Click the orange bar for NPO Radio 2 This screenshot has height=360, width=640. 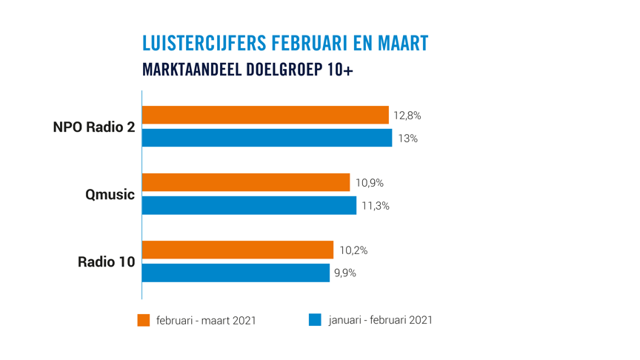(265, 115)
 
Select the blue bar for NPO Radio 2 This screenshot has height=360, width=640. (267, 138)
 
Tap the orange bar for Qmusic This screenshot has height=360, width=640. (245, 182)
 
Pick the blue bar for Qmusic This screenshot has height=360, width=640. (249, 205)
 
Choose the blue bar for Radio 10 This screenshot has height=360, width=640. (236, 273)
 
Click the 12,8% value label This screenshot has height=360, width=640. (407, 116)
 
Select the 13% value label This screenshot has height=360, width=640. (407, 139)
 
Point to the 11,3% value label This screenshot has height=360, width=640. (375, 206)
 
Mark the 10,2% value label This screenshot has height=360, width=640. (353, 250)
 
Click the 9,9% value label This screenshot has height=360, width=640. (345, 273)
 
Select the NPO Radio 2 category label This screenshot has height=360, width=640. (94, 127)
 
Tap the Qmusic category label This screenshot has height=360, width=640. (109, 195)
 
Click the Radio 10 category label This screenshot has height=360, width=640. (107, 261)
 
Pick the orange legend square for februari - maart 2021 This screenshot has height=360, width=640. (144, 320)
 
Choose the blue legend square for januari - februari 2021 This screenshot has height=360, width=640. (315, 320)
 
